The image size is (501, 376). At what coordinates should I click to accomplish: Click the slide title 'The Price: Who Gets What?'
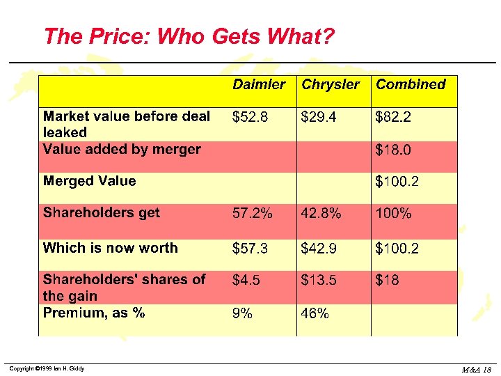point(189,36)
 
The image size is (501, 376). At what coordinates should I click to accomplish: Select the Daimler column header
point(258,84)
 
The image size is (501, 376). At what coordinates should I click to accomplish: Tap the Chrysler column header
point(331,84)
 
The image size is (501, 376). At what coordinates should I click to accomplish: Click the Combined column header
point(411,84)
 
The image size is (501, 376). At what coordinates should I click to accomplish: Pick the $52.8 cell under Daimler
point(250,117)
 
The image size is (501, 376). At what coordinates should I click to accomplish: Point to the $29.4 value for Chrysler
point(319,117)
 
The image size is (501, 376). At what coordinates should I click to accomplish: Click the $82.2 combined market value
point(393,117)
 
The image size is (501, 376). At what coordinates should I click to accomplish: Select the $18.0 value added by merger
point(393,150)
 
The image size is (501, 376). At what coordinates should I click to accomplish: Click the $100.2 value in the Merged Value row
point(397,182)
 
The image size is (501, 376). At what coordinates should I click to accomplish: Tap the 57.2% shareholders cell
point(253,214)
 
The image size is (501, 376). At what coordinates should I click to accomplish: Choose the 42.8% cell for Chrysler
point(321,214)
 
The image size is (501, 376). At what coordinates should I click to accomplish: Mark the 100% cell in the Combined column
point(393,214)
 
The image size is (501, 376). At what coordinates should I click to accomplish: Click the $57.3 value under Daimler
point(250,248)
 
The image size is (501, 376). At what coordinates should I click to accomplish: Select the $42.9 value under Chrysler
point(319,248)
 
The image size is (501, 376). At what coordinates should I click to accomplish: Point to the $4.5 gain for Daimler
point(246,280)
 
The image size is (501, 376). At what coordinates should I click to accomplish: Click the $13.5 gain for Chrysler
point(319,280)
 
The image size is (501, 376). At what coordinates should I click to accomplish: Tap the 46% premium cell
point(315,313)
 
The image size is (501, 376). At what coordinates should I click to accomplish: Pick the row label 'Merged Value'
point(89,181)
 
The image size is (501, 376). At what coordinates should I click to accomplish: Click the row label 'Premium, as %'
point(94,313)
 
